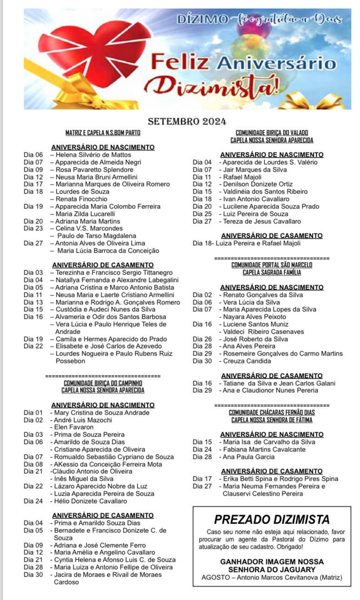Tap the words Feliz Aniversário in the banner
tap(243, 62)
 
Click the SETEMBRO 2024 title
tap(187, 122)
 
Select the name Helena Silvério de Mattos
tap(93, 155)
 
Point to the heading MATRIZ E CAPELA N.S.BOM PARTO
tap(103, 133)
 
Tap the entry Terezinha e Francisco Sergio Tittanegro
tap(114, 272)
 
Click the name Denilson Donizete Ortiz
tap(258, 184)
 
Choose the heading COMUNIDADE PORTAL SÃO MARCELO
tap(272, 265)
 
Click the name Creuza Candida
tap(247, 361)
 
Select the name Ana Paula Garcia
tap(249, 457)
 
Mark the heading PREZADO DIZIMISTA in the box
tap(272, 519)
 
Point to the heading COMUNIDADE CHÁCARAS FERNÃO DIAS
tap(272, 412)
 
